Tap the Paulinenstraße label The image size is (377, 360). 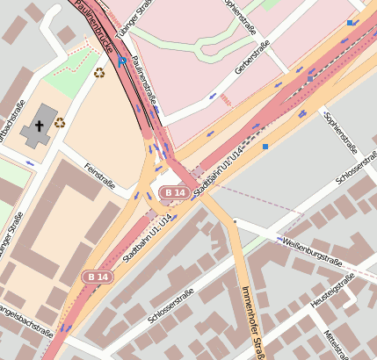pos(143,81)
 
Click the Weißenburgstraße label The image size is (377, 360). pos(313,245)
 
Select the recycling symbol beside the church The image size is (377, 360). pos(60,122)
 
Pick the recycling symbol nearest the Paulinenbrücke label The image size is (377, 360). pos(98,72)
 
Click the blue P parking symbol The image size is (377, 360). pos(121,61)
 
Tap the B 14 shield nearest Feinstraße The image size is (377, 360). pos(173,191)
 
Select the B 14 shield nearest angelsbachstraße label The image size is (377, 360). pos(99,277)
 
